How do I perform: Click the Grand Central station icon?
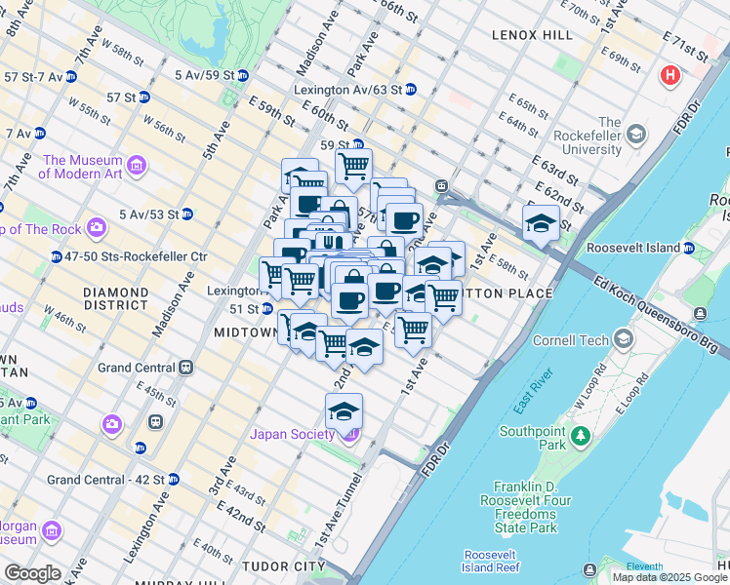tap(185, 369)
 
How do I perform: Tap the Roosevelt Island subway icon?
tap(690, 248)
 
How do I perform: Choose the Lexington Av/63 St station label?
tap(348, 89)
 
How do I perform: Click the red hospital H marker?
tap(670, 75)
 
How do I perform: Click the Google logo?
tap(31, 573)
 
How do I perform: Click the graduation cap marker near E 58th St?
tap(541, 224)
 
